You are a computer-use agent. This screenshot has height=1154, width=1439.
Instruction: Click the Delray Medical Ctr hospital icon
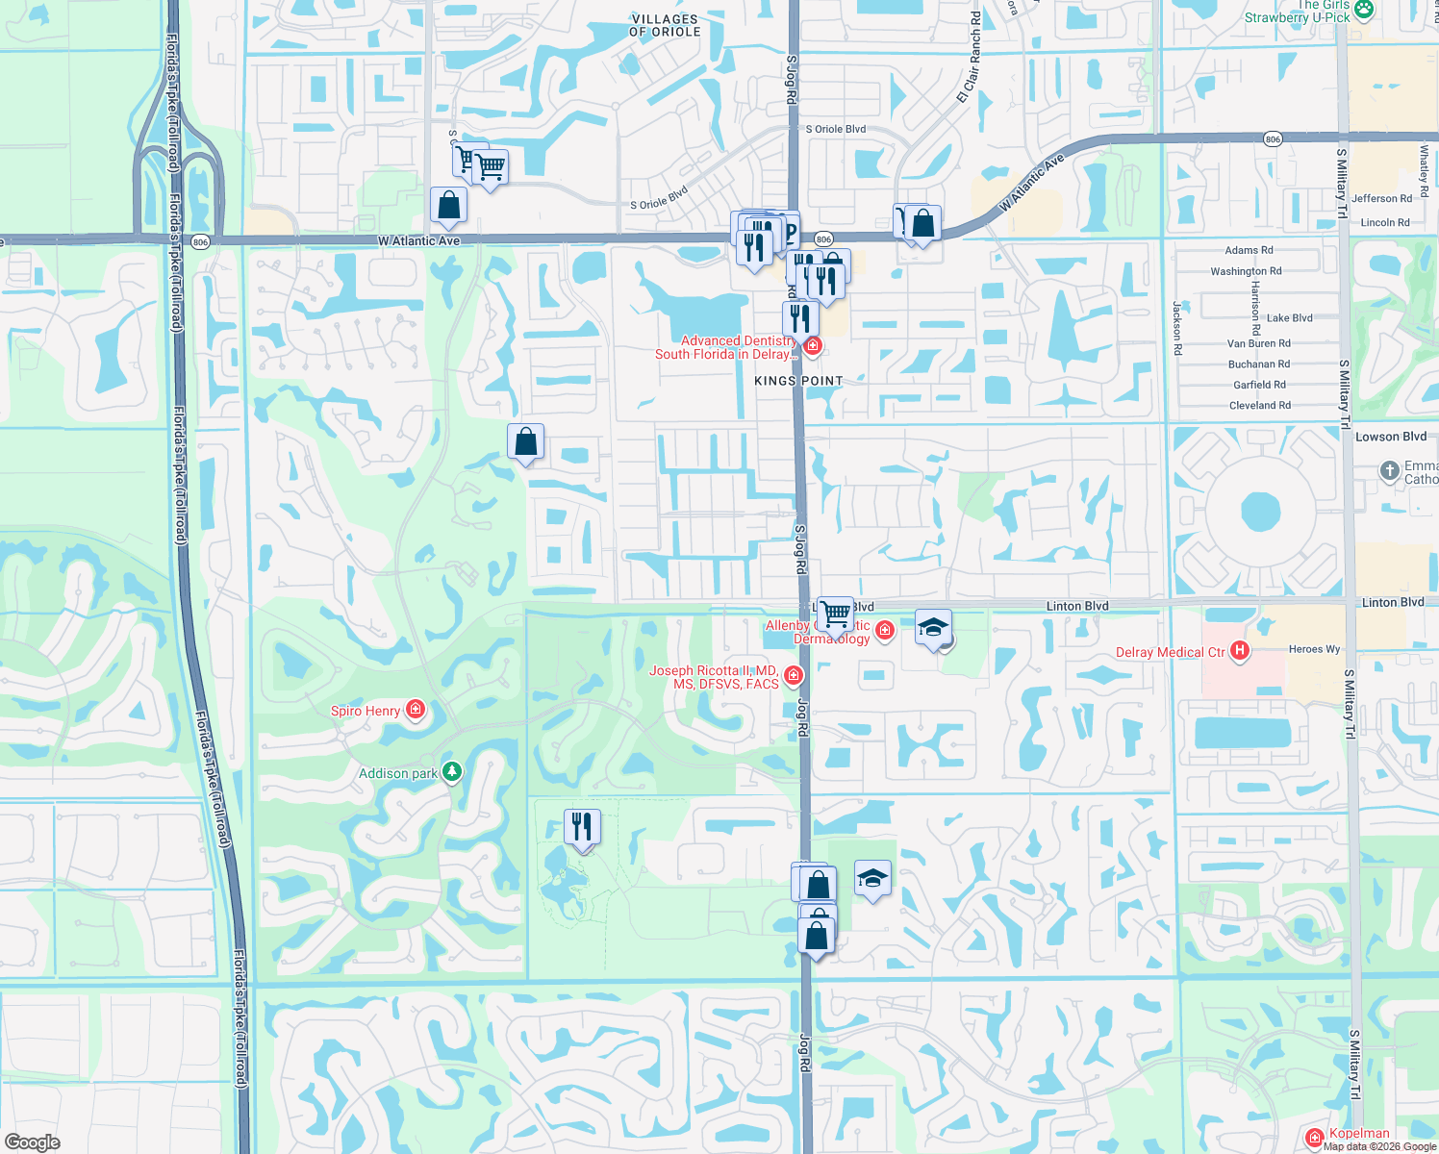(1240, 652)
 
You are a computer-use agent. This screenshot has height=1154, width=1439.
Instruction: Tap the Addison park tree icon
(451, 772)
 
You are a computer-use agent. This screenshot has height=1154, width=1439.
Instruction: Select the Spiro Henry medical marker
(416, 711)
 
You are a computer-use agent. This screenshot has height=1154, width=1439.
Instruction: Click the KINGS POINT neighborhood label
(798, 381)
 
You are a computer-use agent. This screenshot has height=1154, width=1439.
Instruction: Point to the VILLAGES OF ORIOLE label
(665, 25)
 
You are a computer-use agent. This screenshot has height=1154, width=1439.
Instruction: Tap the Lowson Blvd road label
(1390, 437)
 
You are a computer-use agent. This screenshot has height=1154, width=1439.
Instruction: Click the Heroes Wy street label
(1314, 649)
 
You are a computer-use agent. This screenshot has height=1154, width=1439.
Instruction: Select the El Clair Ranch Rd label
(969, 58)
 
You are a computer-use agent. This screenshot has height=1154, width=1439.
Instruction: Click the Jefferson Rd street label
(1381, 199)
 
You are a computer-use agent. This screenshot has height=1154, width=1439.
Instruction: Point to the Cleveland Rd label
(1260, 406)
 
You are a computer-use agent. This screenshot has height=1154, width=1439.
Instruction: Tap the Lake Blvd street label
(1289, 318)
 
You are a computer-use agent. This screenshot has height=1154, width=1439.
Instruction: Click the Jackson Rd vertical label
(1176, 329)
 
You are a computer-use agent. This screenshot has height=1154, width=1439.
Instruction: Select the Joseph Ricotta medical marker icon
(794, 676)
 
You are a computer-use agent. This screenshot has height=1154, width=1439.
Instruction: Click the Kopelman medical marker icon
(1315, 1138)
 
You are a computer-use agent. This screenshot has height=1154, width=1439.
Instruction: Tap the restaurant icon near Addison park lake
(582, 826)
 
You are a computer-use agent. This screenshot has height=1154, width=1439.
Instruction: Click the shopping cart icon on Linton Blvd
(835, 612)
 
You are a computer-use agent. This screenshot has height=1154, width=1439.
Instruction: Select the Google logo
(32, 1142)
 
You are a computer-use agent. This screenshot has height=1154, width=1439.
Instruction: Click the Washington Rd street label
(1246, 271)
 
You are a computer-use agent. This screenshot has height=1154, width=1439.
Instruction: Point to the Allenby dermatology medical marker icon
(884, 630)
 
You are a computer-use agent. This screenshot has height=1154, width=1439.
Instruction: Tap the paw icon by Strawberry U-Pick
(1364, 10)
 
